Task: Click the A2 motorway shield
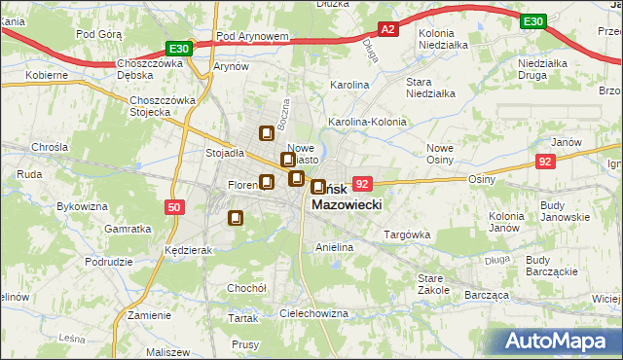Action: click(x=387, y=30)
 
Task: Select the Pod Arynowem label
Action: click(x=253, y=36)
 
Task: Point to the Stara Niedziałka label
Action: click(x=430, y=88)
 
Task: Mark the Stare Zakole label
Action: click(x=433, y=283)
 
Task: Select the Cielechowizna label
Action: click(x=313, y=313)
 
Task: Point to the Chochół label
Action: click(x=246, y=289)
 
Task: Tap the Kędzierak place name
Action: click(x=189, y=250)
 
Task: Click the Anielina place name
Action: click(x=333, y=247)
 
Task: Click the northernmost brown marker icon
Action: click(x=266, y=134)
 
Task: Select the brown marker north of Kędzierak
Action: click(x=235, y=219)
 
